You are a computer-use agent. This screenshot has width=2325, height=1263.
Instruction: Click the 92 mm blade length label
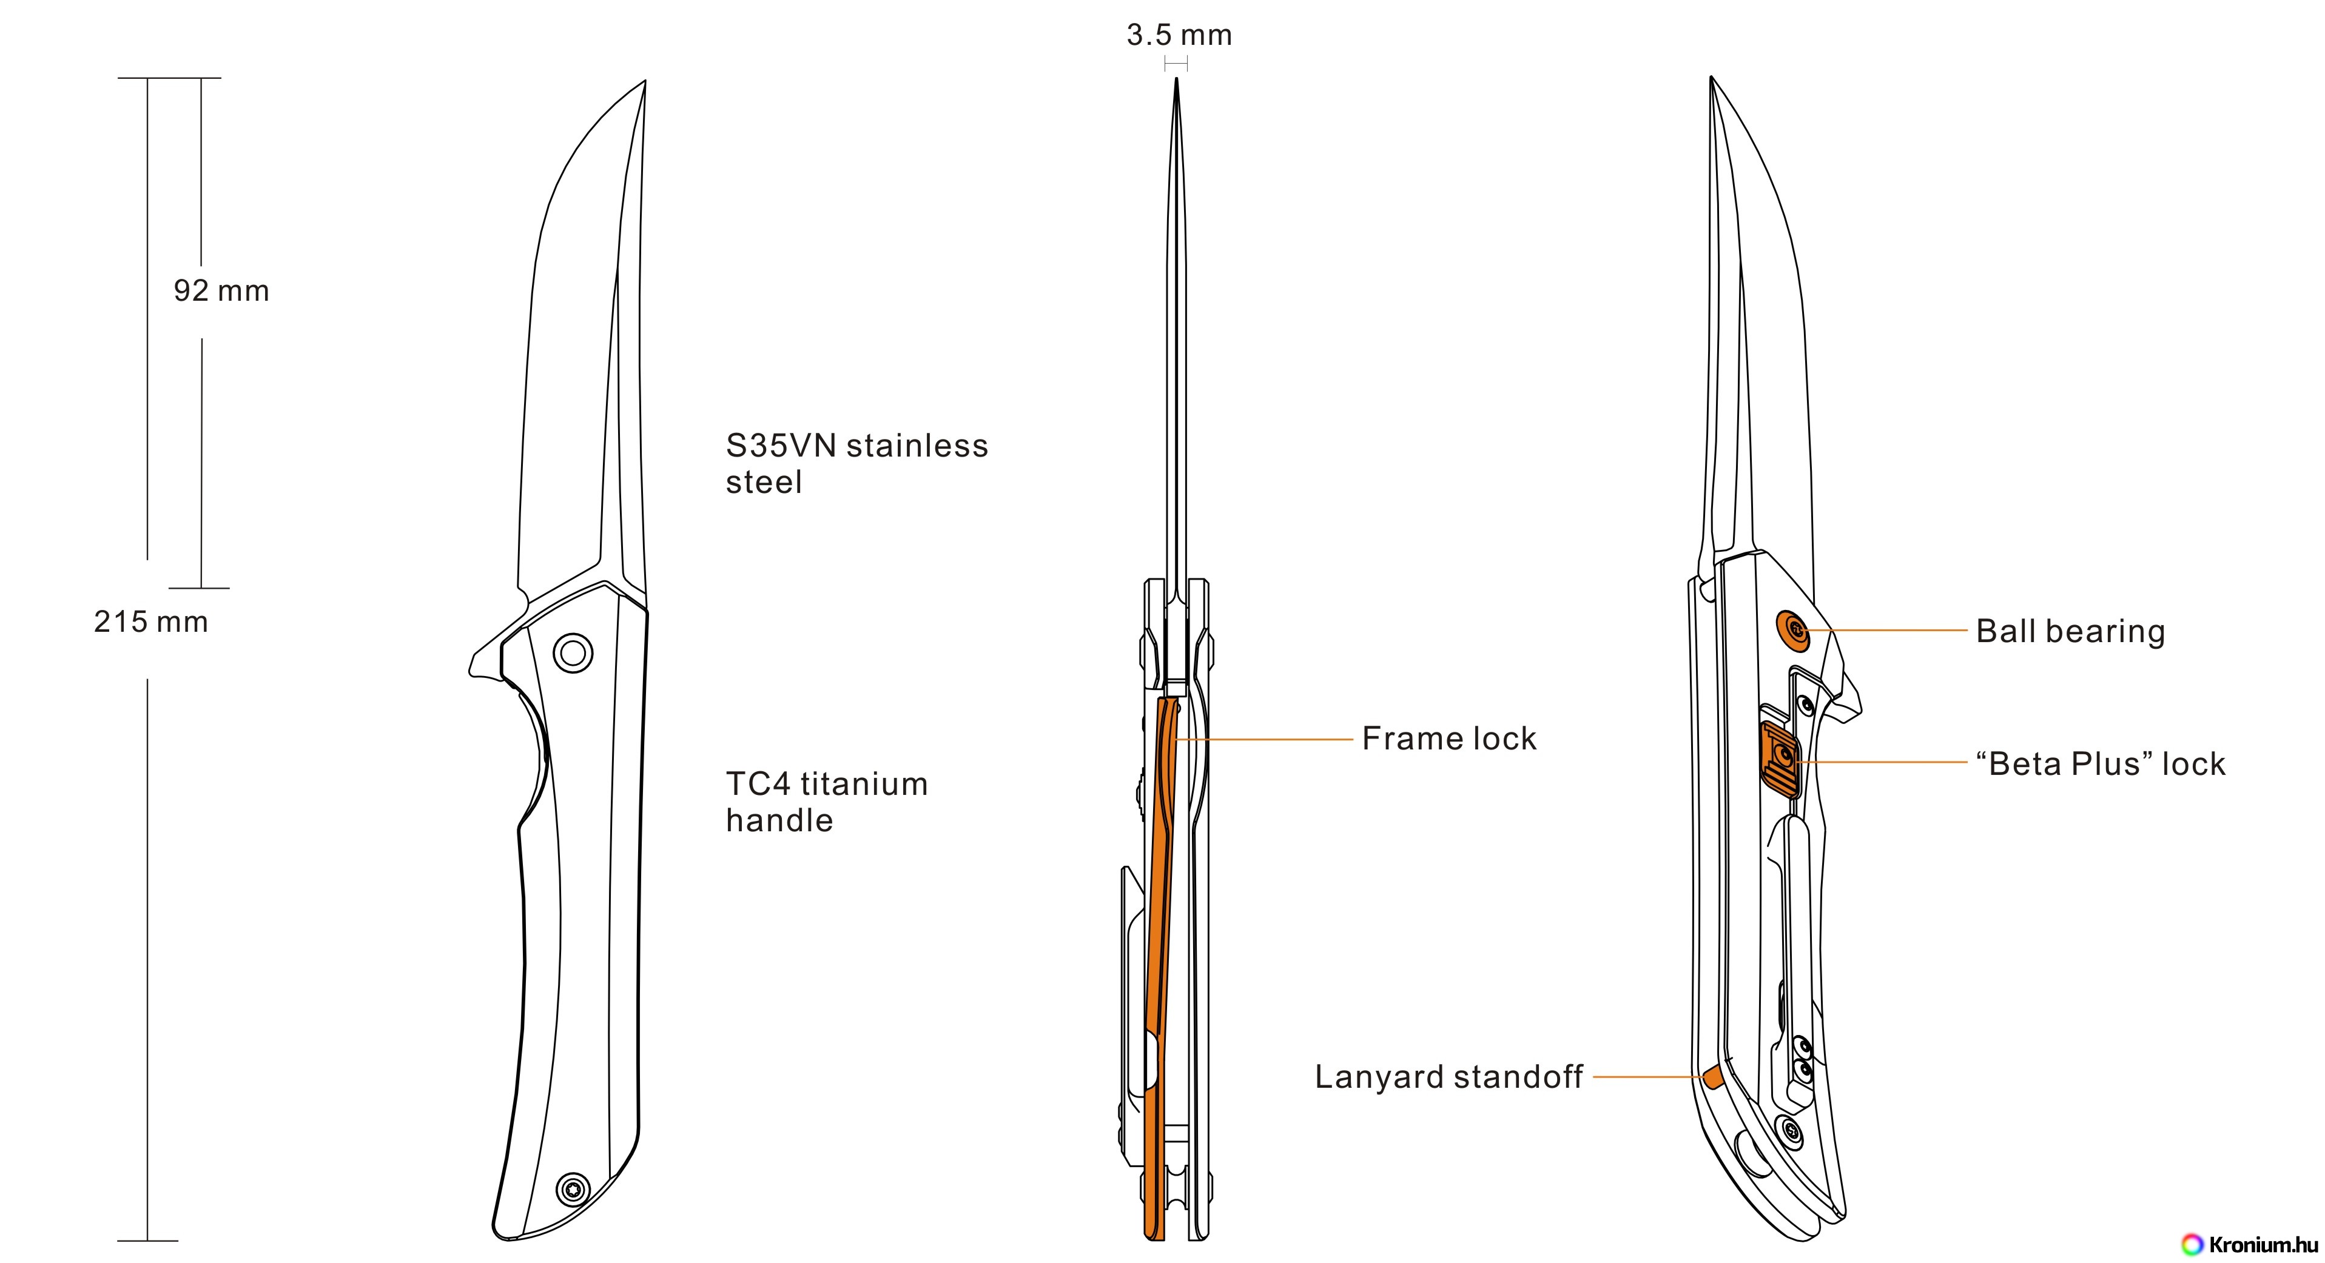[221, 292]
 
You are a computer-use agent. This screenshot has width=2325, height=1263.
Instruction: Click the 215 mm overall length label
[150, 623]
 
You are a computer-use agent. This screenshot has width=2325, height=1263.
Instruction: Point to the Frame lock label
[1448, 739]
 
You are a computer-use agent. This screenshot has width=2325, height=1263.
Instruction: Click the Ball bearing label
[2070, 632]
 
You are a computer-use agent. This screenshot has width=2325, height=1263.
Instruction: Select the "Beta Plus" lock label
[2099, 764]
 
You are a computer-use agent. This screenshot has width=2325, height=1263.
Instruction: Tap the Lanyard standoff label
[1448, 1077]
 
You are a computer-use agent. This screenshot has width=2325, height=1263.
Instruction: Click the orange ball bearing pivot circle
[1792, 630]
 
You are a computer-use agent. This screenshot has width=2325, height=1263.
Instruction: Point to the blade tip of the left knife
[644, 84]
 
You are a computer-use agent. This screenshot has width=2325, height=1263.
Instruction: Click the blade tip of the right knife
[1712, 81]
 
